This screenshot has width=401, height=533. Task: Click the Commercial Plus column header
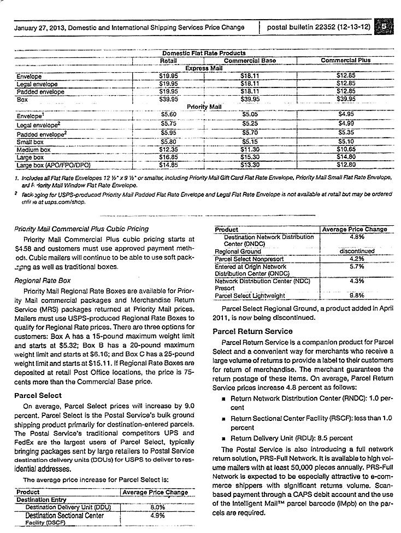click(x=346, y=60)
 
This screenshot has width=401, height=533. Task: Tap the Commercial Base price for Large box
click(x=250, y=156)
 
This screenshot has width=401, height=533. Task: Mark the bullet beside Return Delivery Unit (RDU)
click(x=224, y=438)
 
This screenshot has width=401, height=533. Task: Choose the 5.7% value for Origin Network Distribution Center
click(x=355, y=266)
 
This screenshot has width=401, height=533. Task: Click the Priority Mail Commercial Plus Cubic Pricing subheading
click(x=74, y=229)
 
